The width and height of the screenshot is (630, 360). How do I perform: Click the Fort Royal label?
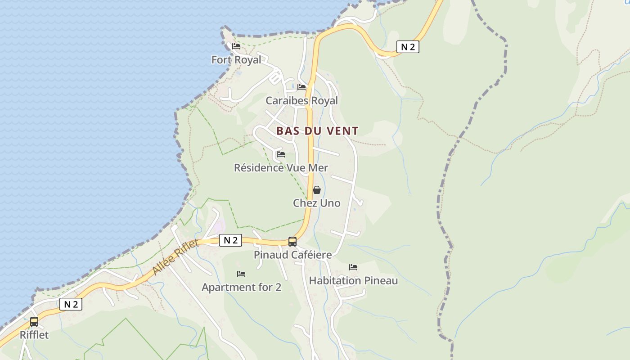[236, 60]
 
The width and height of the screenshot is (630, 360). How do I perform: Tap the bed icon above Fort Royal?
[236, 46]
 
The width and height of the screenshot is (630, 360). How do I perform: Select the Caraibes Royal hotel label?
[301, 101]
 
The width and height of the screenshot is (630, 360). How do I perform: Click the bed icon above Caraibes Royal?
[301, 87]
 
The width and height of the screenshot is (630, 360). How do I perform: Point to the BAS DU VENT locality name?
[317, 131]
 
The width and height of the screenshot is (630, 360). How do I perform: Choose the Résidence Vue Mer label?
[281, 168]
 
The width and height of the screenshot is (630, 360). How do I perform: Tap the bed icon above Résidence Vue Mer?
[281, 154]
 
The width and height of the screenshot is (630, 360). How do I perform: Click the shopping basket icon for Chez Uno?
[317, 190]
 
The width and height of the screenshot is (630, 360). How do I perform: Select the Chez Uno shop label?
[317, 203]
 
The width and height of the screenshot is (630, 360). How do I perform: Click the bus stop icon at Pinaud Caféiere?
[292, 242]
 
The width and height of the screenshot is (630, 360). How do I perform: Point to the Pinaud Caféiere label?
[292, 255]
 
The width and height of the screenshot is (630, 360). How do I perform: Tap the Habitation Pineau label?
[353, 281]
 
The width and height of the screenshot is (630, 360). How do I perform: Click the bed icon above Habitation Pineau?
[353, 267]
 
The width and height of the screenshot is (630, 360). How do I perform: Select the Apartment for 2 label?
[241, 287]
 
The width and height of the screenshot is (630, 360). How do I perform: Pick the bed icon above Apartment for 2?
[241, 274]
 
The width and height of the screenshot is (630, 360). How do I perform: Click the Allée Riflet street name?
[175, 257]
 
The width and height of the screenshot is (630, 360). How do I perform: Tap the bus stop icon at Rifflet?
[34, 322]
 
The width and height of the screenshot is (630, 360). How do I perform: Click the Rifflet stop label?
[34, 335]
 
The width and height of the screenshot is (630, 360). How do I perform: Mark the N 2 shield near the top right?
[408, 47]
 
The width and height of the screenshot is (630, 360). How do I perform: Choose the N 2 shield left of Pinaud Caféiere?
[230, 240]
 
